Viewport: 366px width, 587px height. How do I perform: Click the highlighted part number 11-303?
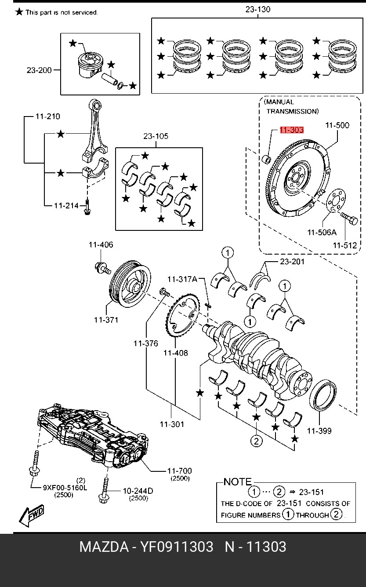pos(291,130)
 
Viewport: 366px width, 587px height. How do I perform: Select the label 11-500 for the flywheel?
pos(337,125)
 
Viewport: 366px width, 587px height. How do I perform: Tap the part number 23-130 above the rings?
pos(257,9)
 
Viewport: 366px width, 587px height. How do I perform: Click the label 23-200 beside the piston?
pos(39,70)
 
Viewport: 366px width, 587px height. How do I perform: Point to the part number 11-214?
pos(66,205)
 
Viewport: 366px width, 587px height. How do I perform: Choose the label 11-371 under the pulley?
pos(105,320)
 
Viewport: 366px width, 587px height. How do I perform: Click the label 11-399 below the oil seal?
pos(319,431)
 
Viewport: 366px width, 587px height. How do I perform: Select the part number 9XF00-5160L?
pos(65,487)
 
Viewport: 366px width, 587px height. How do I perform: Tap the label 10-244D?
pos(138,490)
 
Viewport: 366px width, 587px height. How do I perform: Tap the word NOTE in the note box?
pos(237,482)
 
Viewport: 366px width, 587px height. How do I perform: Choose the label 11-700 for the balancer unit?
pos(179,471)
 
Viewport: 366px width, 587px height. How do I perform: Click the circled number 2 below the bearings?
pos(257,440)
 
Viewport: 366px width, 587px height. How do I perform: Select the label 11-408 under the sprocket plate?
pos(175,353)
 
